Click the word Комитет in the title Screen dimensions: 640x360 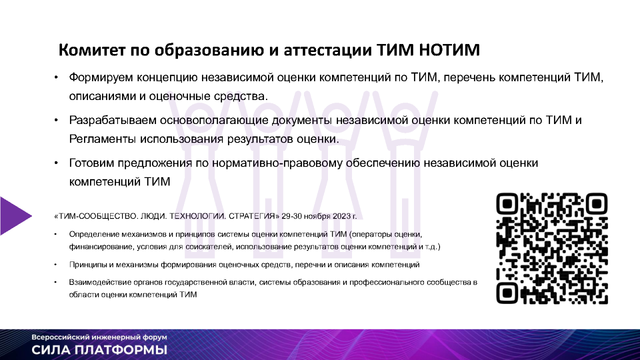click(x=92, y=50)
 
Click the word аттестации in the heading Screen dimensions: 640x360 click(x=328, y=50)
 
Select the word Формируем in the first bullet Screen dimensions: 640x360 click(x=101, y=77)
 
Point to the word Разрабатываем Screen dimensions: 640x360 click(x=112, y=120)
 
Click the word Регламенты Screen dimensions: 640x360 click(x=102, y=139)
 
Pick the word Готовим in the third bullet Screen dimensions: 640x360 click(x=91, y=163)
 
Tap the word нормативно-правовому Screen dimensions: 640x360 click(x=277, y=163)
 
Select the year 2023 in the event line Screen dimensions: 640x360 click(x=341, y=216)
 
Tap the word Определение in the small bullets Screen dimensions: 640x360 click(x=94, y=234)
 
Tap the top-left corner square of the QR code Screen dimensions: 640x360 click(x=507, y=203)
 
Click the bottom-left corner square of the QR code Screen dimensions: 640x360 click(x=507, y=293)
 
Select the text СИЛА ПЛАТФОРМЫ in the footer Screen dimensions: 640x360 click(x=99, y=350)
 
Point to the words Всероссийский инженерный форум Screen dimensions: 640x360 click(x=99, y=337)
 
